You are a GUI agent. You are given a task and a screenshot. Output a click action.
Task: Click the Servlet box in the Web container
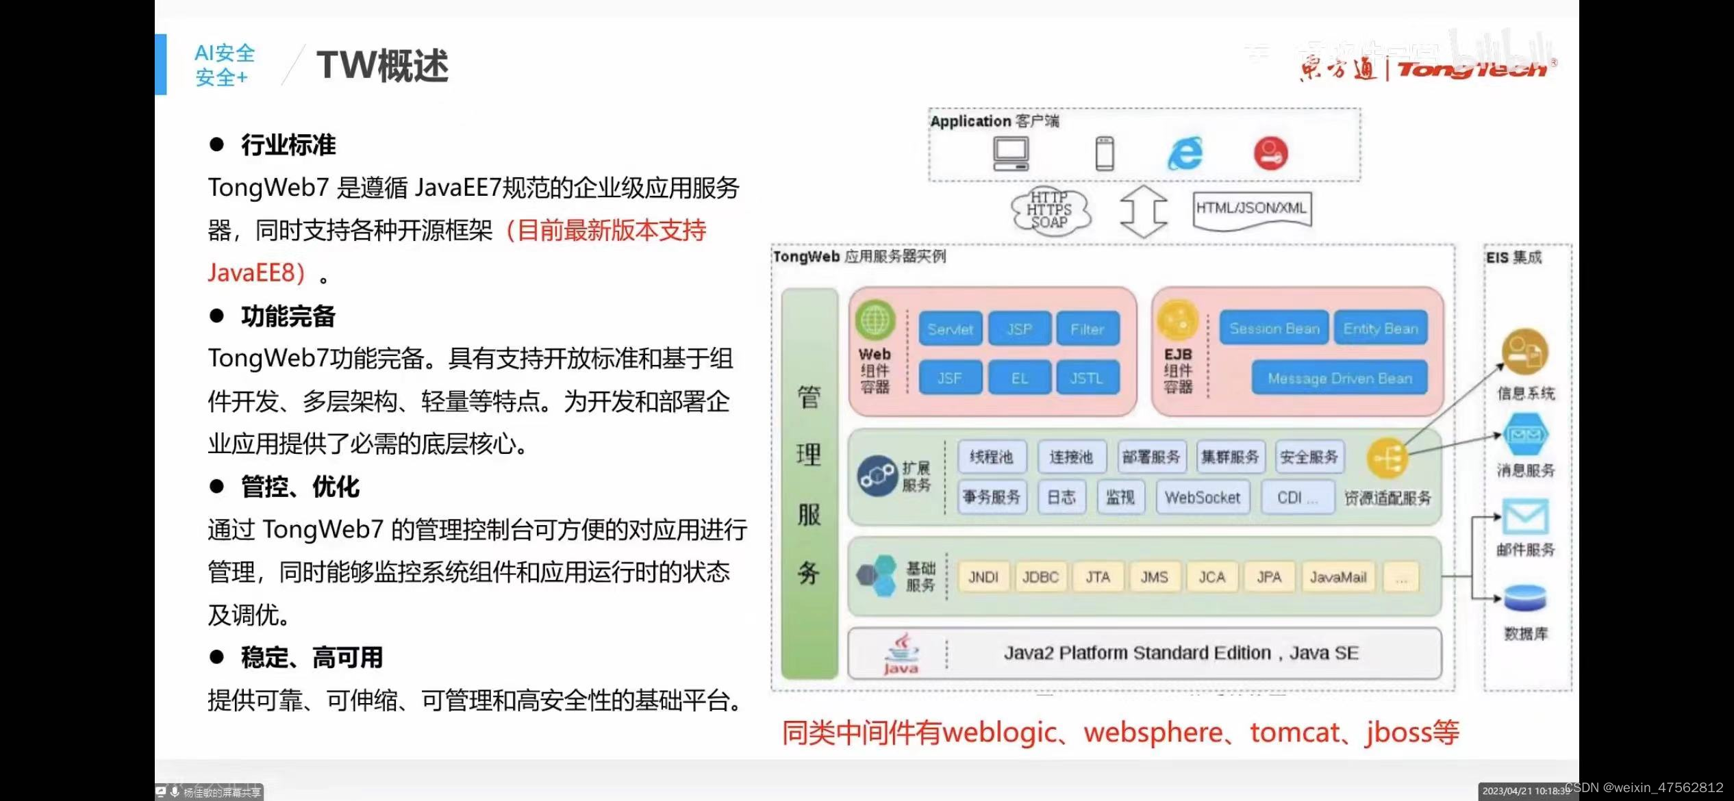point(950,329)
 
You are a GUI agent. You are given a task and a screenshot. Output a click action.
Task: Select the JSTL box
point(1087,378)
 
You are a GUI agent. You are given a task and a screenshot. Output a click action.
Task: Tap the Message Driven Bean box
point(1340,378)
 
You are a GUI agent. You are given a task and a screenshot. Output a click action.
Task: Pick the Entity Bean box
point(1381,329)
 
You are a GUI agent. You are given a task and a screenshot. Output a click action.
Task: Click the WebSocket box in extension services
point(1203,498)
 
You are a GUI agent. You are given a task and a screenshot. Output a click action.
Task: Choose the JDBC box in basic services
point(1040,577)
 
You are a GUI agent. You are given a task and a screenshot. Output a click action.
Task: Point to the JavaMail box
point(1337,577)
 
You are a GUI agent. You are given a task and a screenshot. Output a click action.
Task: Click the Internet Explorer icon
point(1185,153)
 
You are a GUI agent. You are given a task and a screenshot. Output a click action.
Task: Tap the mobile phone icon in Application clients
point(1105,153)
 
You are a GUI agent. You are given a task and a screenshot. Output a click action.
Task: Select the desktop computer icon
point(1011,153)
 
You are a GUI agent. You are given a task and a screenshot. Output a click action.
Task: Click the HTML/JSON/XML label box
point(1251,209)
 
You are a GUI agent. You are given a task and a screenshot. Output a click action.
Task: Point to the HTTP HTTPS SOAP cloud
point(1050,209)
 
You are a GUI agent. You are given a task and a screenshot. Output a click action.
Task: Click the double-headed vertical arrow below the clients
point(1143,211)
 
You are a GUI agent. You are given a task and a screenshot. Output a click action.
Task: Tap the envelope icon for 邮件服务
point(1525,517)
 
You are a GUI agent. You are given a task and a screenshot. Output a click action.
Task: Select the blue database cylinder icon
point(1525,598)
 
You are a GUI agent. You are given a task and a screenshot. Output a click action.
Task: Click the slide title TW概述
point(382,66)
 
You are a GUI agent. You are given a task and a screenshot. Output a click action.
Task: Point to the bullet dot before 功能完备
point(217,316)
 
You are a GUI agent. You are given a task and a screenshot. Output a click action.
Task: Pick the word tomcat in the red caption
point(1294,733)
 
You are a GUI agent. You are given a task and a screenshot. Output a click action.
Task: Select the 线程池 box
point(991,457)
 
